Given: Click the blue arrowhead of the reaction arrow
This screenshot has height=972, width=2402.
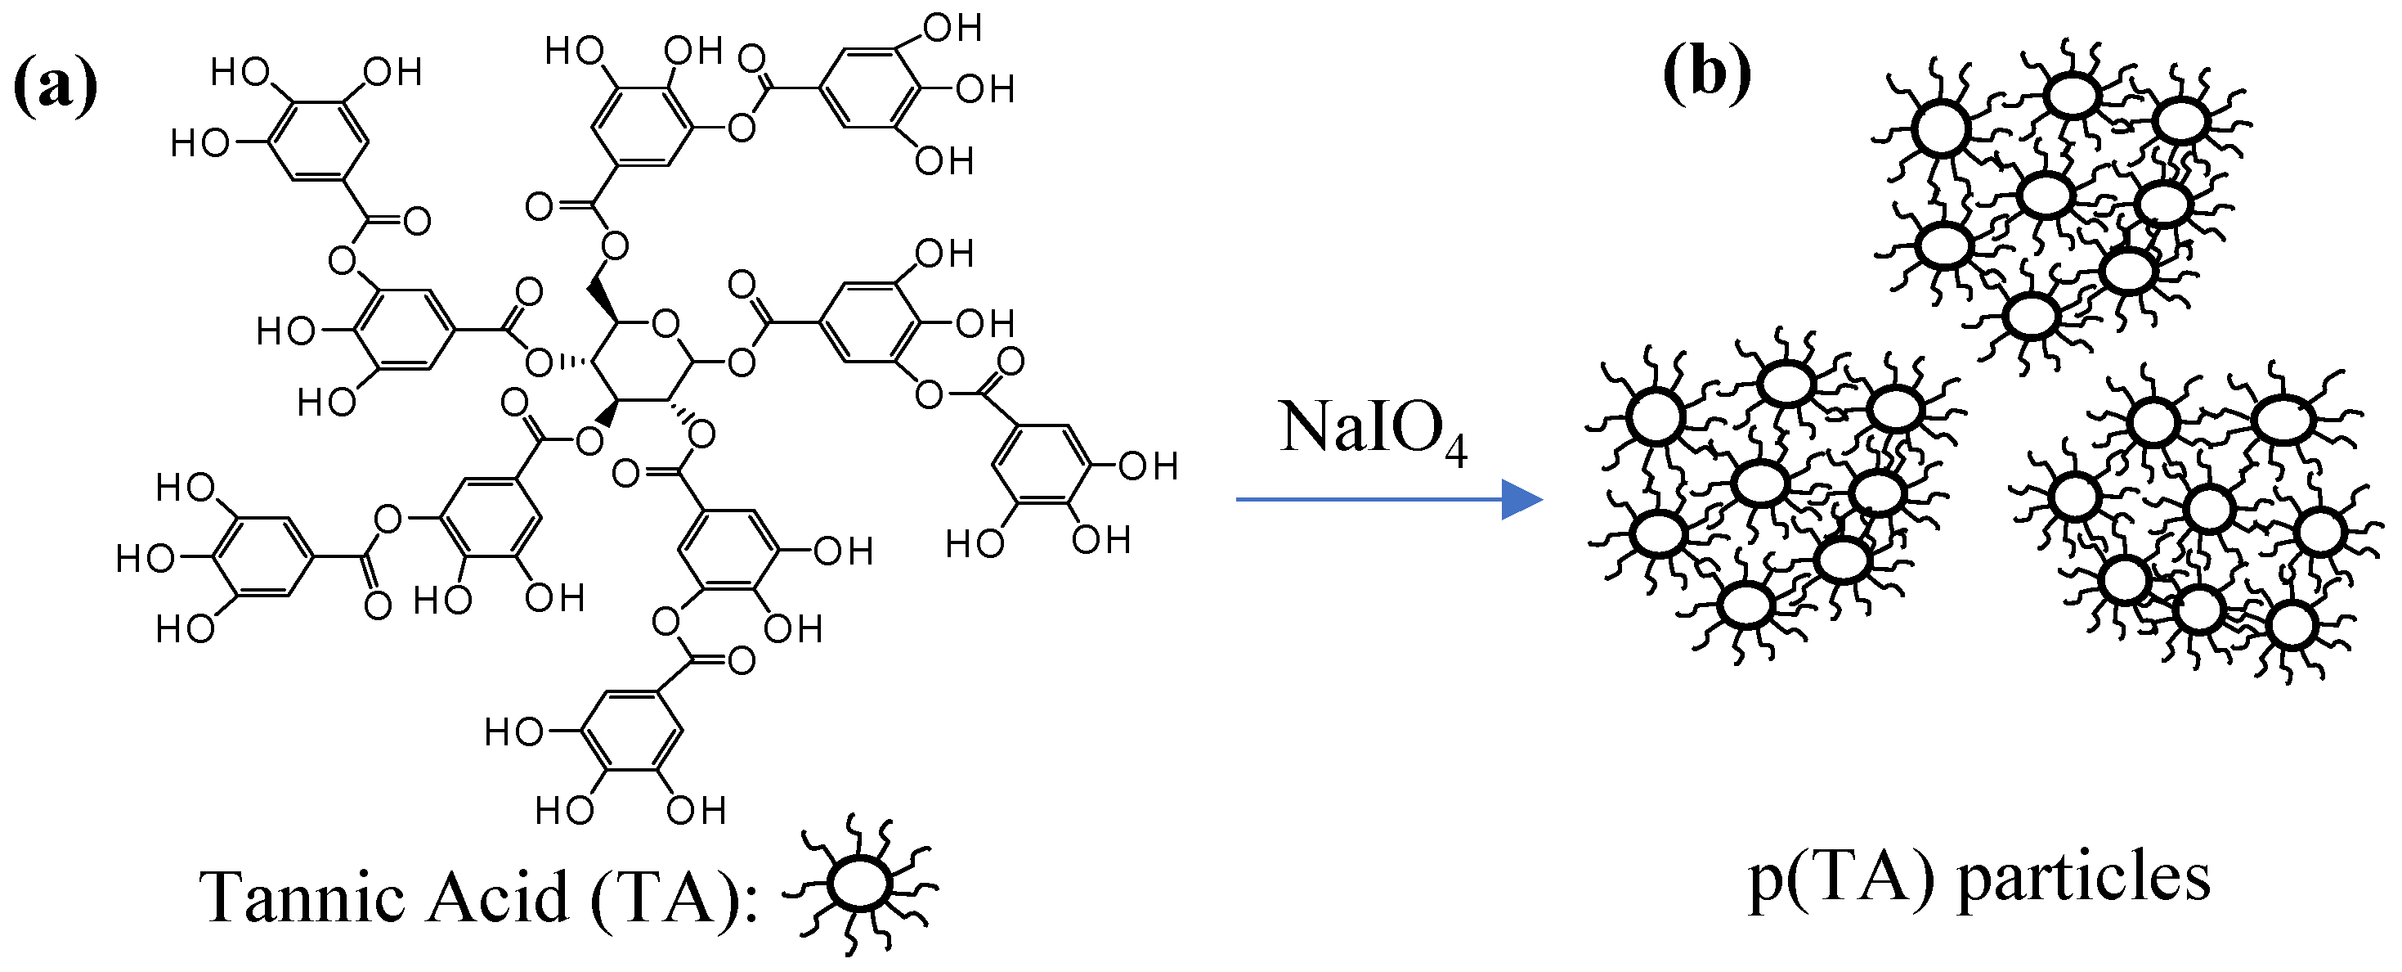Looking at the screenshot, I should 1521,500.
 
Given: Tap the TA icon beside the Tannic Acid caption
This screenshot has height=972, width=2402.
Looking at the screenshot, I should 860,884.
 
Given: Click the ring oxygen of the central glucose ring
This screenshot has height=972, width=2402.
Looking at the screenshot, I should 665,324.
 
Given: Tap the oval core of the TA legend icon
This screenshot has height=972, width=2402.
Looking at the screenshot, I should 860,884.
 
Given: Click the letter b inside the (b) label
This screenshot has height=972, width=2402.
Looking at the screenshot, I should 1707,72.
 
